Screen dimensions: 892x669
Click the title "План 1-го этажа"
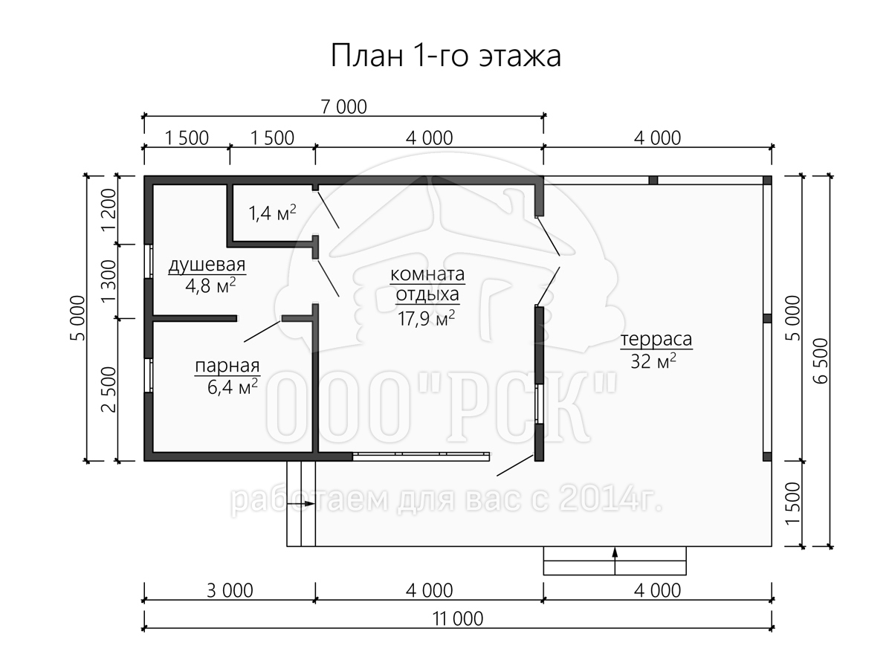pyautogui.click(x=446, y=56)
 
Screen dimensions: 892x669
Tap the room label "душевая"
pyautogui.click(x=207, y=265)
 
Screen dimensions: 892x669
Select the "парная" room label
pyautogui.click(x=227, y=366)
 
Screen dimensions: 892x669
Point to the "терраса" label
pyautogui.click(x=656, y=339)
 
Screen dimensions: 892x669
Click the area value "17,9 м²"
pyautogui.click(x=426, y=318)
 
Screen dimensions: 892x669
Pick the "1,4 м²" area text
pyautogui.click(x=272, y=213)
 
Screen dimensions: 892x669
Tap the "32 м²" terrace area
pyautogui.click(x=653, y=361)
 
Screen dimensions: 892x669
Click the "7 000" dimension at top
pyautogui.click(x=344, y=107)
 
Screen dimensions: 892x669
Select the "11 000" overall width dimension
pyautogui.click(x=458, y=619)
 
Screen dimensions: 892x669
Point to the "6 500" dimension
pyautogui.click(x=821, y=361)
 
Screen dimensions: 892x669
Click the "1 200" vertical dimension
pyautogui.click(x=109, y=210)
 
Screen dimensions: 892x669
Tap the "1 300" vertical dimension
pyautogui.click(x=109, y=282)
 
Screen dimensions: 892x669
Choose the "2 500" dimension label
pyautogui.click(x=109, y=390)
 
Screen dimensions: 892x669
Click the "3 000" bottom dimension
pyautogui.click(x=230, y=591)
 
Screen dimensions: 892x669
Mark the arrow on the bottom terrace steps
pyautogui.click(x=615, y=561)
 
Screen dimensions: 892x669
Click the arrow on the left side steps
pyautogui.click(x=301, y=504)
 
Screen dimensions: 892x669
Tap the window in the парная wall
pyautogui.click(x=149, y=375)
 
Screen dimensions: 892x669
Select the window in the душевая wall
pyautogui.click(x=149, y=261)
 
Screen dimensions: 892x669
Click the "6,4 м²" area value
pyautogui.click(x=233, y=387)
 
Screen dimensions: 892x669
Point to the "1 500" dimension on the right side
pyautogui.click(x=793, y=504)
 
